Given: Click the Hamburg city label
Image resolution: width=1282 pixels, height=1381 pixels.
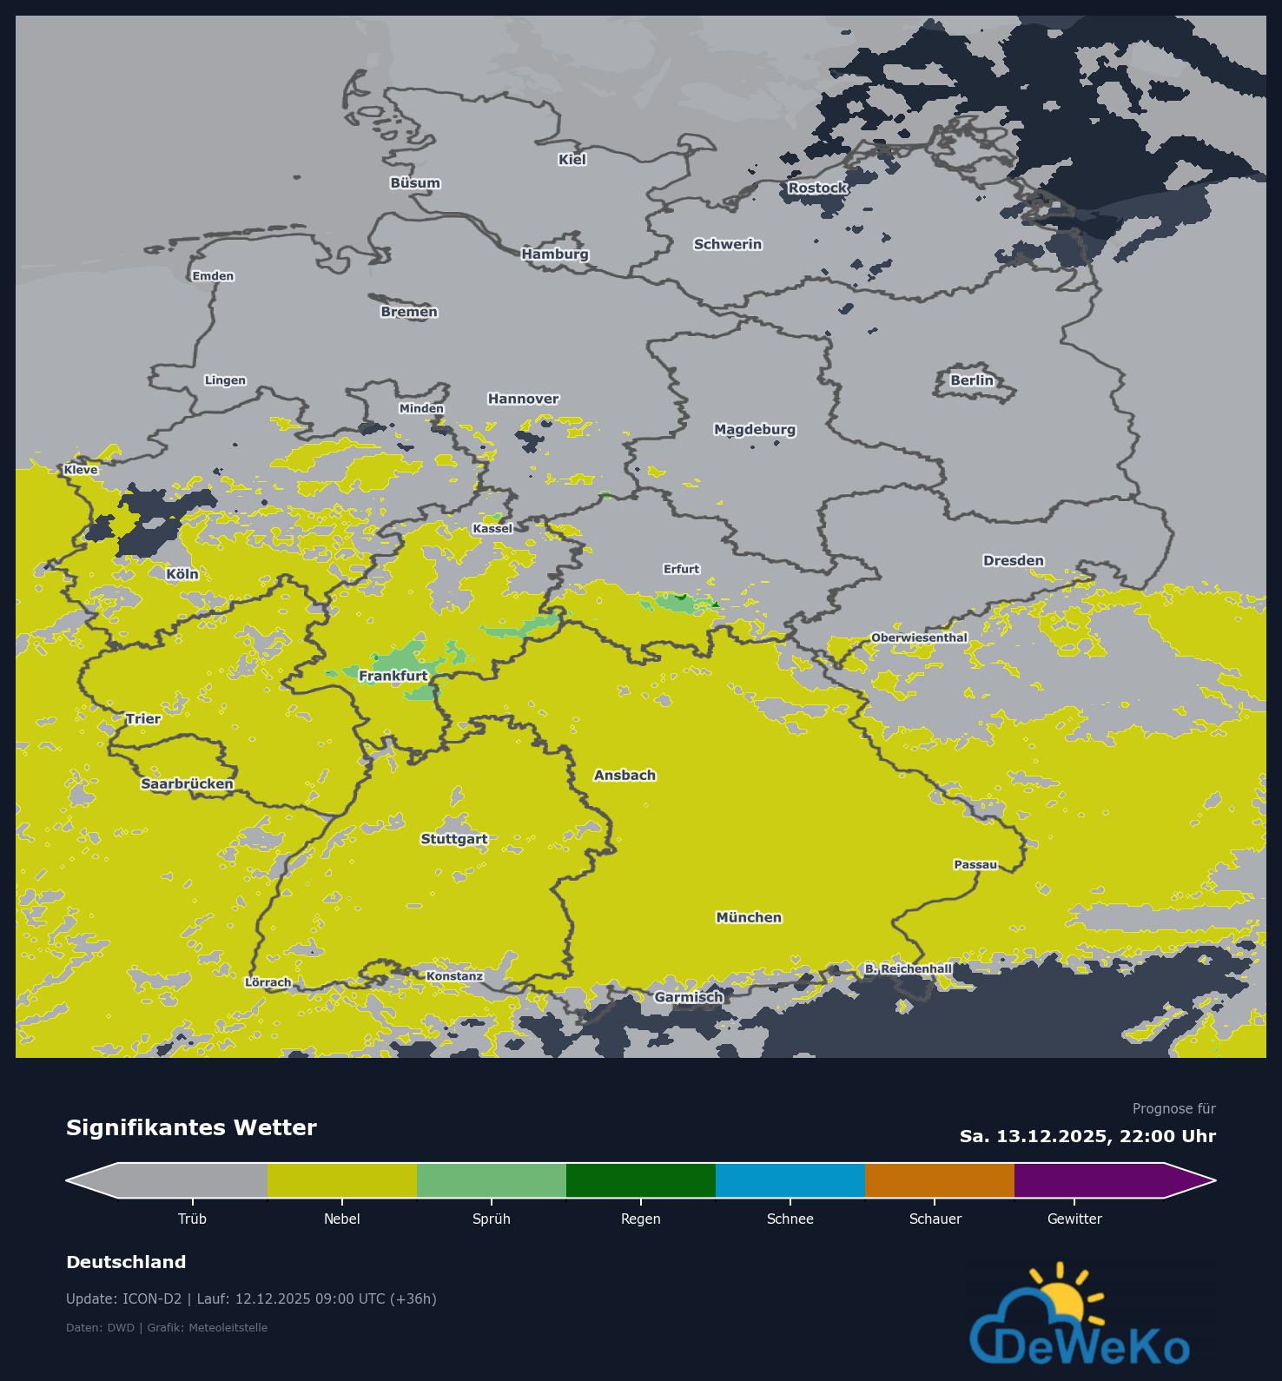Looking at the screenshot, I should [x=555, y=254].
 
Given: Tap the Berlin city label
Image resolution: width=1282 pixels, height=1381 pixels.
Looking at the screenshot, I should [x=971, y=380].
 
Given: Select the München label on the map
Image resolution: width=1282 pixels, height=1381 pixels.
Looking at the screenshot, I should [x=749, y=917].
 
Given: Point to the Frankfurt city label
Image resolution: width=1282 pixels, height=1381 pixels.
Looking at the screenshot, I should [x=393, y=676].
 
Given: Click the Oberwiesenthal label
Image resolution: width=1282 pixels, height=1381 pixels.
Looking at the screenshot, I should [x=919, y=638].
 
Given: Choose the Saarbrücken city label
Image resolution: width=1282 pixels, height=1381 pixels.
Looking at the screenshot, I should [x=188, y=783].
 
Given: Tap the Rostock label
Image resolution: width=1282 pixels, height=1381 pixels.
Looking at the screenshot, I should [x=817, y=188].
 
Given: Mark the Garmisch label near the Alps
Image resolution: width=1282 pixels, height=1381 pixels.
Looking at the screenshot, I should [x=689, y=997].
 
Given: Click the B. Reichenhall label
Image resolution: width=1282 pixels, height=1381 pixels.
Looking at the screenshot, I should [x=909, y=968].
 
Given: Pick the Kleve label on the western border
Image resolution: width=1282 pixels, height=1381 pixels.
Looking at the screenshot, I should [x=81, y=470].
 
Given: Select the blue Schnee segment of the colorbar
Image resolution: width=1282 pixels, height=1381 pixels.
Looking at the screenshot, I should [x=790, y=1180].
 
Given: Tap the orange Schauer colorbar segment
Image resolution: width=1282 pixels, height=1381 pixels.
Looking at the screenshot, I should [x=939, y=1180].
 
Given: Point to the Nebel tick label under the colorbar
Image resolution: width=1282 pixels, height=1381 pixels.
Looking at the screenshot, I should [x=341, y=1219].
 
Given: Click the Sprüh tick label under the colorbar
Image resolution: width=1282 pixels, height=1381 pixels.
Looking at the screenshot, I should [x=492, y=1219].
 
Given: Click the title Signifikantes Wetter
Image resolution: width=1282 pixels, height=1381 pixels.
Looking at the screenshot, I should [x=191, y=1127].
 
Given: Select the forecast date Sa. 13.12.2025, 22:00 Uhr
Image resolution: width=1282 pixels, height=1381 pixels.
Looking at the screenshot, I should [x=1087, y=1136].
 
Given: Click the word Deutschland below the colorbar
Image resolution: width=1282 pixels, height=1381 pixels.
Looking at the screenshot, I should [x=126, y=1262].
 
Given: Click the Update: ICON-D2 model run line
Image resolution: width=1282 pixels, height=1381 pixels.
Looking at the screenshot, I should [x=251, y=1298].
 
